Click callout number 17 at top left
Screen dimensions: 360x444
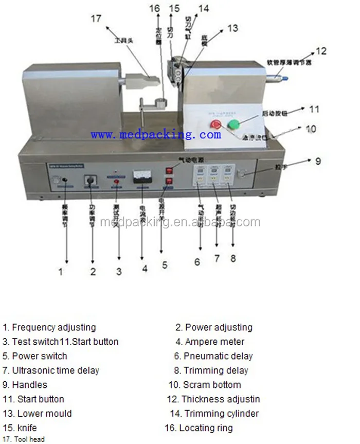(96, 19)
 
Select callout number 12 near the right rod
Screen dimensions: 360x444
(321, 51)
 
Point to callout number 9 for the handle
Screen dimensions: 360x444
(318, 161)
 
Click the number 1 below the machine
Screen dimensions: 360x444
(61, 271)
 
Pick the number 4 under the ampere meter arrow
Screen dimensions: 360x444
(145, 268)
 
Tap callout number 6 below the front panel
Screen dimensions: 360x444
(197, 261)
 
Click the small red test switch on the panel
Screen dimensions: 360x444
(117, 182)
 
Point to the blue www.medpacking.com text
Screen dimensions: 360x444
(156, 135)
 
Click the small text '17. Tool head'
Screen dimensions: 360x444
(24, 439)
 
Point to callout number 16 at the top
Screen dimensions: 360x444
(155, 8)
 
